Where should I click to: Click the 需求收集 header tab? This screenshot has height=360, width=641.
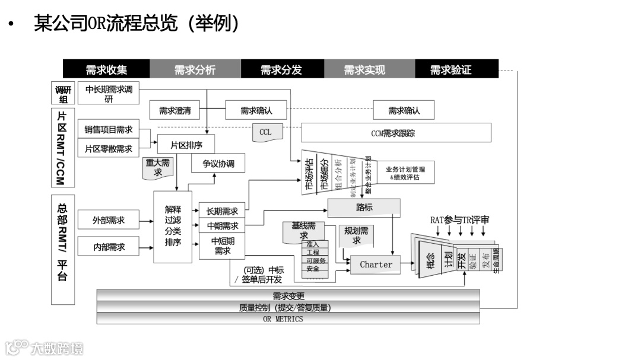pos(106,69)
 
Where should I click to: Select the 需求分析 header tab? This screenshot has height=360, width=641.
pos(195,69)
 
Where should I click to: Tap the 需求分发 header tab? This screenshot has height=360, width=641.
pos(282,69)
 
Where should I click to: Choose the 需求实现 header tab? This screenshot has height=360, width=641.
pos(364,69)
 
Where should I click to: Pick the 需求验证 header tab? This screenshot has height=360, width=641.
pos(451,69)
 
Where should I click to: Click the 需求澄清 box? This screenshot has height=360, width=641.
pos(175,110)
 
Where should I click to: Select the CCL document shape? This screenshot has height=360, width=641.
pos(265,132)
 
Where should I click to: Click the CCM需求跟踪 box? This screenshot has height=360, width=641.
pos(396,133)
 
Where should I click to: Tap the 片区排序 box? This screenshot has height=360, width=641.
pos(186,144)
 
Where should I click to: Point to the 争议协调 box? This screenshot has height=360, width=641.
pos(218,164)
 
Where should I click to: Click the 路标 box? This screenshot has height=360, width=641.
pos(364,208)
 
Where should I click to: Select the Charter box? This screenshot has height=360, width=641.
pos(376,265)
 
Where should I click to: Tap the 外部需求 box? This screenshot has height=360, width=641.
pos(108,220)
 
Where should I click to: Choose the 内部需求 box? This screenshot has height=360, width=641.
pos(108,247)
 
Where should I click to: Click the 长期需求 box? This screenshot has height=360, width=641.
pos(222,211)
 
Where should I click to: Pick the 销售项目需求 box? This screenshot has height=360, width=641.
pos(108,129)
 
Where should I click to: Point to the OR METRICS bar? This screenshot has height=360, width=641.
pos(288,319)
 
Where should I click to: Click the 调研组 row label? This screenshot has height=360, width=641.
pos(62,94)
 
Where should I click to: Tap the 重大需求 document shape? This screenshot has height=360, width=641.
pos(157,167)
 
